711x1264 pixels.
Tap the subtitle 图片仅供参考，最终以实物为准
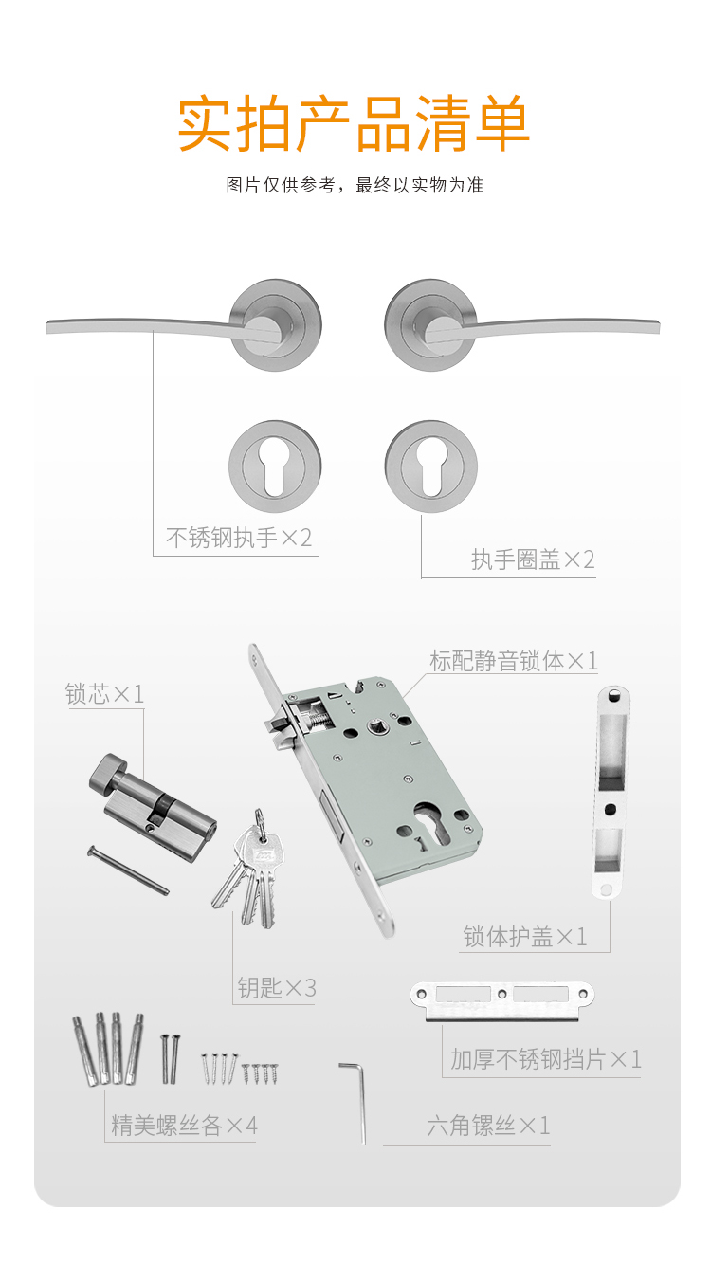[355, 185]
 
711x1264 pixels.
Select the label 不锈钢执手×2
[239, 538]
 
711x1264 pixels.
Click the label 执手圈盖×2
[533, 559]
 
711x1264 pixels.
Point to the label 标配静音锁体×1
[514, 661]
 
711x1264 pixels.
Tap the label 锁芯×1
[104, 694]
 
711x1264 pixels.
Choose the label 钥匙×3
[277, 988]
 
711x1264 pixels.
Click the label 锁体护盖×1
[525, 937]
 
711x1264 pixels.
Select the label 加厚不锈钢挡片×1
[546, 1059]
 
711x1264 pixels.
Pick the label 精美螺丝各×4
[184, 1126]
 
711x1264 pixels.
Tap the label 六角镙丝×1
[488, 1126]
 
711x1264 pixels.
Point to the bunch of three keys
[250, 870]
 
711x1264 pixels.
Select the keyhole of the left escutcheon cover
[275, 468]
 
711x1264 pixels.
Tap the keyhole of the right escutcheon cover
[431, 468]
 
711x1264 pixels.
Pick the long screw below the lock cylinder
[128, 870]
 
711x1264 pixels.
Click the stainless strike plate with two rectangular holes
[501, 1001]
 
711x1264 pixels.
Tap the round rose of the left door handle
[275, 325]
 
